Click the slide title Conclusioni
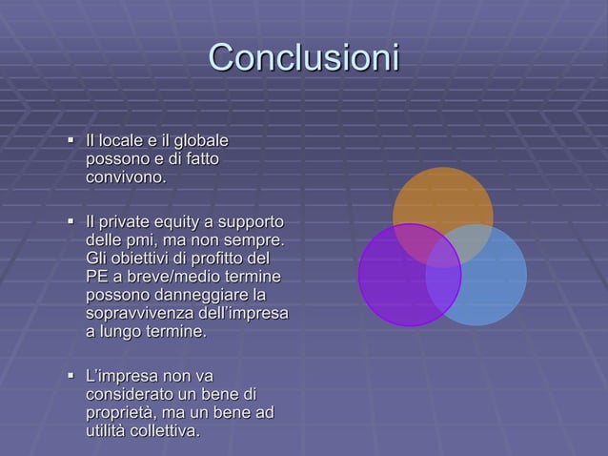click(x=303, y=58)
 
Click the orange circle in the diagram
click(x=442, y=200)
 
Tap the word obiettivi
click(x=143, y=259)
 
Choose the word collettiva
click(x=166, y=431)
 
